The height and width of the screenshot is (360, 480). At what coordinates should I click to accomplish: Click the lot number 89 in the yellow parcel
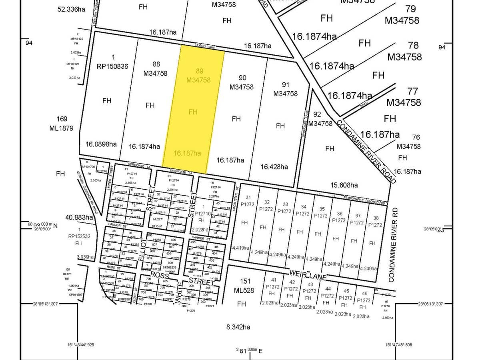200,71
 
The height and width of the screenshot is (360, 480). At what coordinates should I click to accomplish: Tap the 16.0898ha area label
101,144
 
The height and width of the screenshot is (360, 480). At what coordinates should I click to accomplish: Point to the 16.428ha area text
274,167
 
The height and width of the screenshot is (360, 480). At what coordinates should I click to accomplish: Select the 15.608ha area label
344,185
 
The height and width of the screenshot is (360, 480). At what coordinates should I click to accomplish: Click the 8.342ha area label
238,327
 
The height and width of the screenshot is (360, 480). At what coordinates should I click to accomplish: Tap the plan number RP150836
112,66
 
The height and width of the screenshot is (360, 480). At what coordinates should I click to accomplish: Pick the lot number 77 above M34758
412,92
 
